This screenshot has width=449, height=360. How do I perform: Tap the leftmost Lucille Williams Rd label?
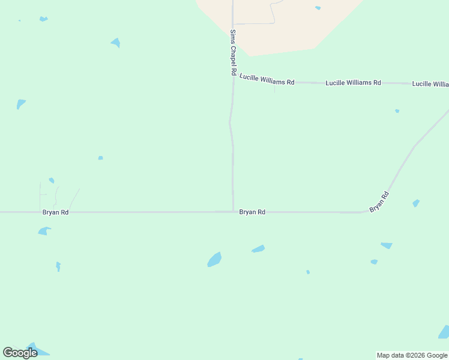click(267, 79)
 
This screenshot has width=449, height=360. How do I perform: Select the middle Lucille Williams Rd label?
click(353, 83)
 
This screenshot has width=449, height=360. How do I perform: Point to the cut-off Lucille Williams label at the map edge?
click(430, 84)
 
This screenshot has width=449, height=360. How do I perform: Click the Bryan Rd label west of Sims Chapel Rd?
click(55, 212)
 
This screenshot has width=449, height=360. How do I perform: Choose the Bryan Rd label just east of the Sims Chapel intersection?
click(252, 212)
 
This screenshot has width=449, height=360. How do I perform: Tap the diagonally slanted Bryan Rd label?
click(379, 201)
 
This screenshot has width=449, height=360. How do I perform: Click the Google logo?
click(20, 352)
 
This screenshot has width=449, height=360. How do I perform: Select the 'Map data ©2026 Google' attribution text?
click(412, 355)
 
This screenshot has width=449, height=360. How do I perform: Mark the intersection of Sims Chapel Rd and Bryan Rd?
click(233, 211)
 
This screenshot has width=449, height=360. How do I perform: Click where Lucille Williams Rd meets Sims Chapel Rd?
click(234, 77)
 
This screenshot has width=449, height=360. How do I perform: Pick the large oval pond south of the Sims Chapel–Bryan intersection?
click(214, 259)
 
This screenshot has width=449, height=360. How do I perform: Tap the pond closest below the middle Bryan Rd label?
click(258, 249)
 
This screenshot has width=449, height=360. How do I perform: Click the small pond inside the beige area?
click(318, 8)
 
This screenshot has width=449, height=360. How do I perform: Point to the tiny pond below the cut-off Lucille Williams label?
click(397, 111)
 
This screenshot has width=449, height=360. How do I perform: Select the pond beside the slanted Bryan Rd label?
click(416, 203)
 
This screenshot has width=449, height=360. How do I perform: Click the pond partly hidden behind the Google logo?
click(36, 350)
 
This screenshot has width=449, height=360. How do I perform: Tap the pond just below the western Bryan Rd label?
click(44, 231)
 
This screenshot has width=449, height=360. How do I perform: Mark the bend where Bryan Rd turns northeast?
click(366, 211)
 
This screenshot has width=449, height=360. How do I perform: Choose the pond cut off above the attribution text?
click(444, 332)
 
